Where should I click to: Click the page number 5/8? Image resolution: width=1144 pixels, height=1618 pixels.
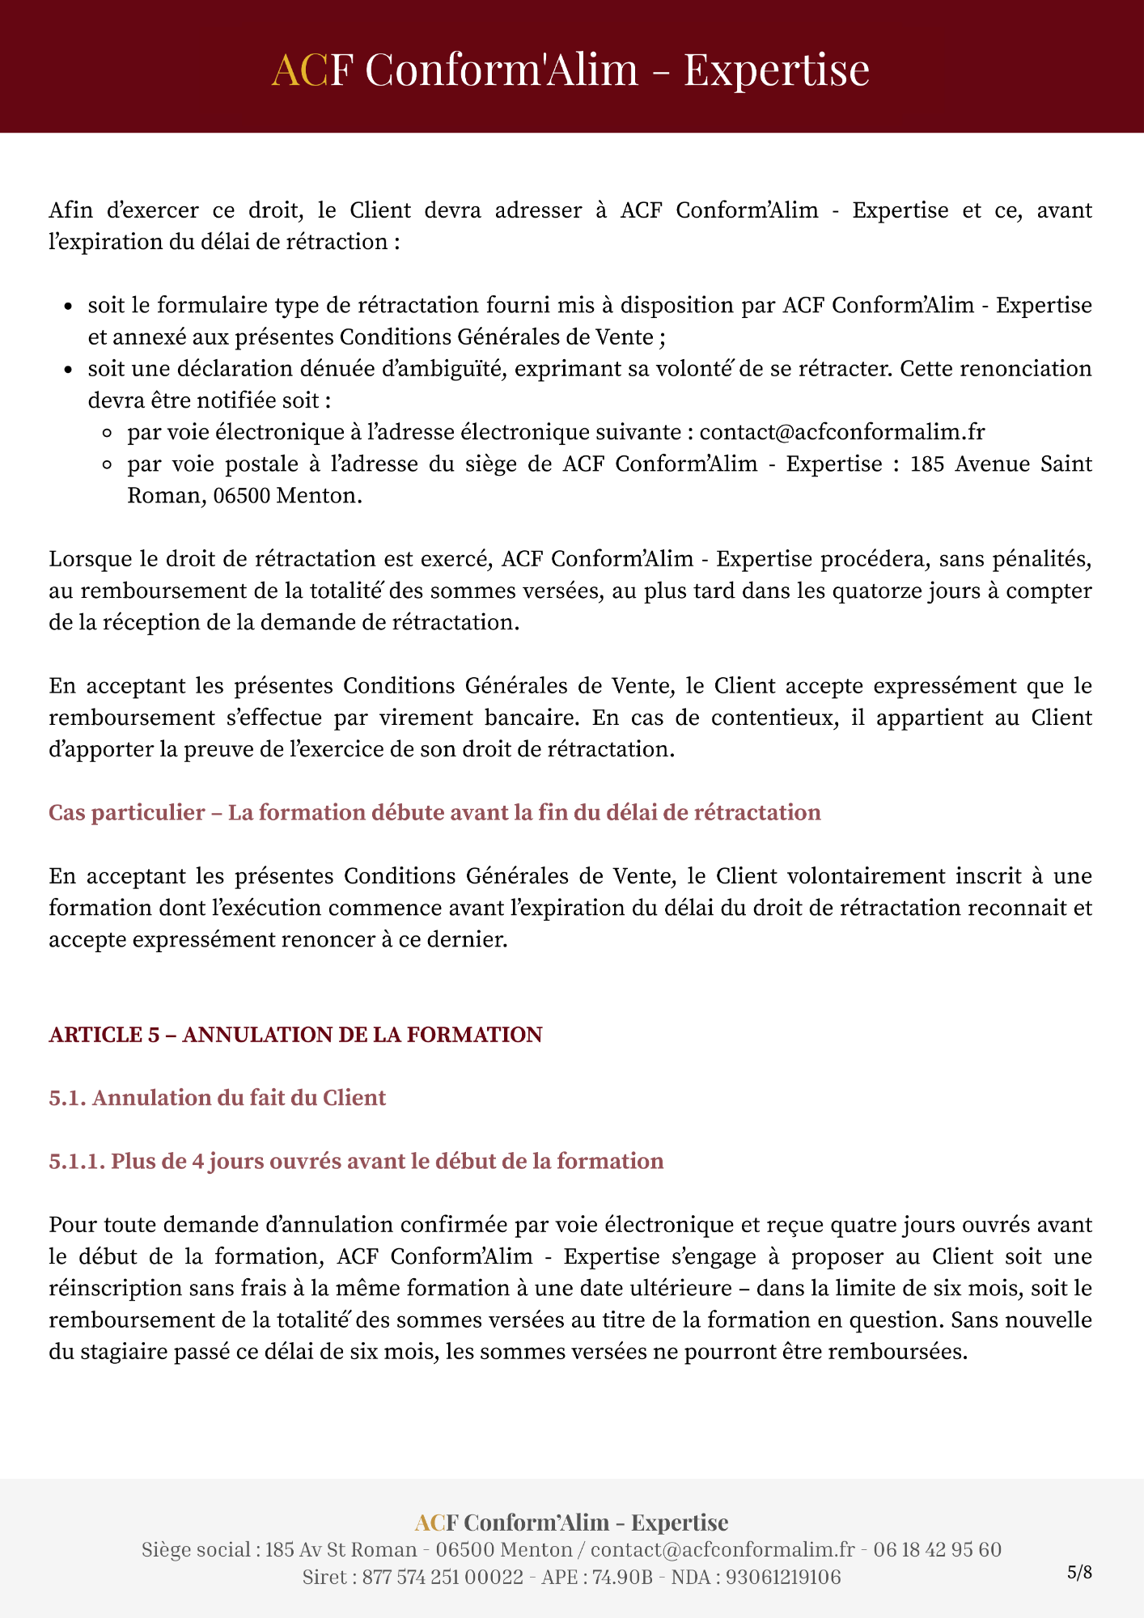(1079, 1573)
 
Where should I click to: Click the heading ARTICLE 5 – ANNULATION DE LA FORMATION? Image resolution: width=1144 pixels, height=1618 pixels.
(295, 1035)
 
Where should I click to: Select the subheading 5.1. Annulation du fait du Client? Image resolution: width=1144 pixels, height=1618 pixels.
(217, 1098)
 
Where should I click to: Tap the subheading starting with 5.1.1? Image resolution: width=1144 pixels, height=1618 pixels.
(356, 1161)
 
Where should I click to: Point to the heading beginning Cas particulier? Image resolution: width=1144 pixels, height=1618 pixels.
(434, 812)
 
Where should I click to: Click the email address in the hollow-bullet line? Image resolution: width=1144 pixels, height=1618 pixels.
(842, 432)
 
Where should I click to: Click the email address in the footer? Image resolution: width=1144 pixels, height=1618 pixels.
(722, 1549)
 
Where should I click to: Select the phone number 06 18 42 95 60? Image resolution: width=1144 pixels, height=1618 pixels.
(937, 1549)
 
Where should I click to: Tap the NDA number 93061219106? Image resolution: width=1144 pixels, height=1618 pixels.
(783, 1577)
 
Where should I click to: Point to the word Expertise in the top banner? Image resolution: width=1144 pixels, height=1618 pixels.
(777, 69)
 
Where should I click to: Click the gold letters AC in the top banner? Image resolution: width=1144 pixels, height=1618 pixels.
(299, 69)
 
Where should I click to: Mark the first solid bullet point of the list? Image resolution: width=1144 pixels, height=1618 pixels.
(70, 307)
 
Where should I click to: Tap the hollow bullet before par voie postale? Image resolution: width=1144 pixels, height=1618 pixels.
(108, 465)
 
